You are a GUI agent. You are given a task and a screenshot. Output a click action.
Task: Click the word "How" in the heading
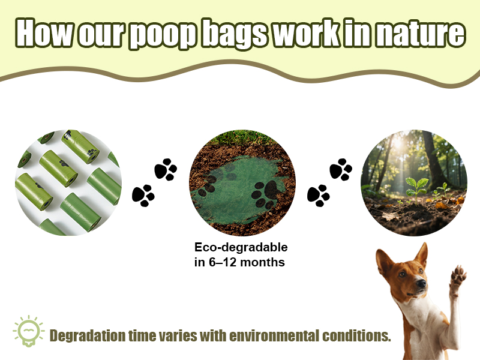(x=44, y=32)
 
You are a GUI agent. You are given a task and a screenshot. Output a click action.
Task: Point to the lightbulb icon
(x=29, y=331)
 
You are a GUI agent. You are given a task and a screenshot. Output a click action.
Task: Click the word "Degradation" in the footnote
(x=88, y=336)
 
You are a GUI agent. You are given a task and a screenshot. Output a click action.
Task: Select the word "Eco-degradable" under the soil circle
(x=241, y=247)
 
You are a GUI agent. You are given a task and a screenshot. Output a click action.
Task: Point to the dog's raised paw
(x=457, y=275)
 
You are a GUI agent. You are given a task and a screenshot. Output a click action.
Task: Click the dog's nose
(x=421, y=283)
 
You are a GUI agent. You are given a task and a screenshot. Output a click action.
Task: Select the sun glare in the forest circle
(x=398, y=142)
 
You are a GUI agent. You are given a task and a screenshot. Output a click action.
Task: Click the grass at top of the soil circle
(x=242, y=138)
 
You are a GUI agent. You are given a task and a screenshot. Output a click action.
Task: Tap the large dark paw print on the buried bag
(x=266, y=193)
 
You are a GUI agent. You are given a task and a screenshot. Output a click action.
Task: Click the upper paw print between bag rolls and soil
(x=166, y=169)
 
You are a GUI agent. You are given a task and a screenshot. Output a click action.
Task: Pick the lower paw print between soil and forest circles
(x=319, y=196)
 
